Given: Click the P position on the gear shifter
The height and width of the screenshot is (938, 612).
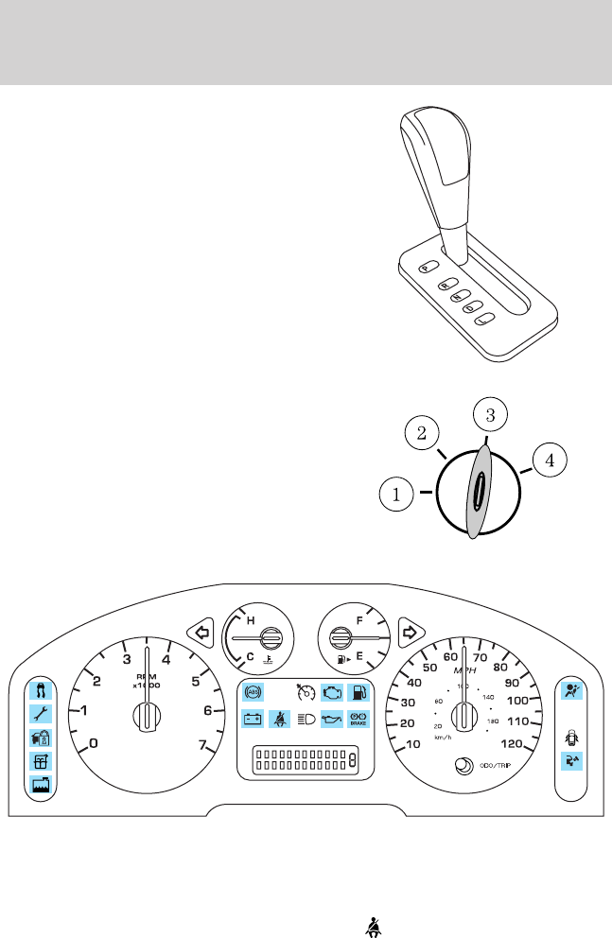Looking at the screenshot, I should point(428,267).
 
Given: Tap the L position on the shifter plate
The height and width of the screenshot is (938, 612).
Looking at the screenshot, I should point(484,321).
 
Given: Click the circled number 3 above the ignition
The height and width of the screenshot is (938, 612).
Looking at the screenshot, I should point(488,414).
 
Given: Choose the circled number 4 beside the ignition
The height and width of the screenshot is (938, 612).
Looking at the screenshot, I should point(549,461).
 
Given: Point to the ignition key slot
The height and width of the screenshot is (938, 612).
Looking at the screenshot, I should point(480,492).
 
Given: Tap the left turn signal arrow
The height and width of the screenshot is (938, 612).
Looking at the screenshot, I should point(200,630).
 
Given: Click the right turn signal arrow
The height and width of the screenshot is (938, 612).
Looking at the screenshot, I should point(410,630).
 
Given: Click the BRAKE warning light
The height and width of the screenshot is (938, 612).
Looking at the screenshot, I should point(358,719).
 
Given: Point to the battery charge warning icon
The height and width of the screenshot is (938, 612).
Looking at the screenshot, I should point(252,719).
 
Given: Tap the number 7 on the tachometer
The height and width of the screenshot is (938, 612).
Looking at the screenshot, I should point(203,743).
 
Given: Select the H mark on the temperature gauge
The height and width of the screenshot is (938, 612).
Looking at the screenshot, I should point(251,620).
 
